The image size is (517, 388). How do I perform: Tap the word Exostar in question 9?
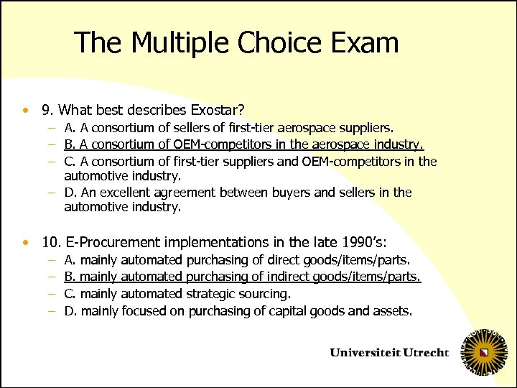click(x=217, y=111)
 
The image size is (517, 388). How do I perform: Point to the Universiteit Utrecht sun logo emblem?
click(x=485, y=353)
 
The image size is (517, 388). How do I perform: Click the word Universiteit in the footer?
click(x=365, y=353)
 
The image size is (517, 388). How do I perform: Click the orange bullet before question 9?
click(x=26, y=111)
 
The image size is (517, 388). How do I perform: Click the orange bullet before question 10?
click(x=26, y=242)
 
